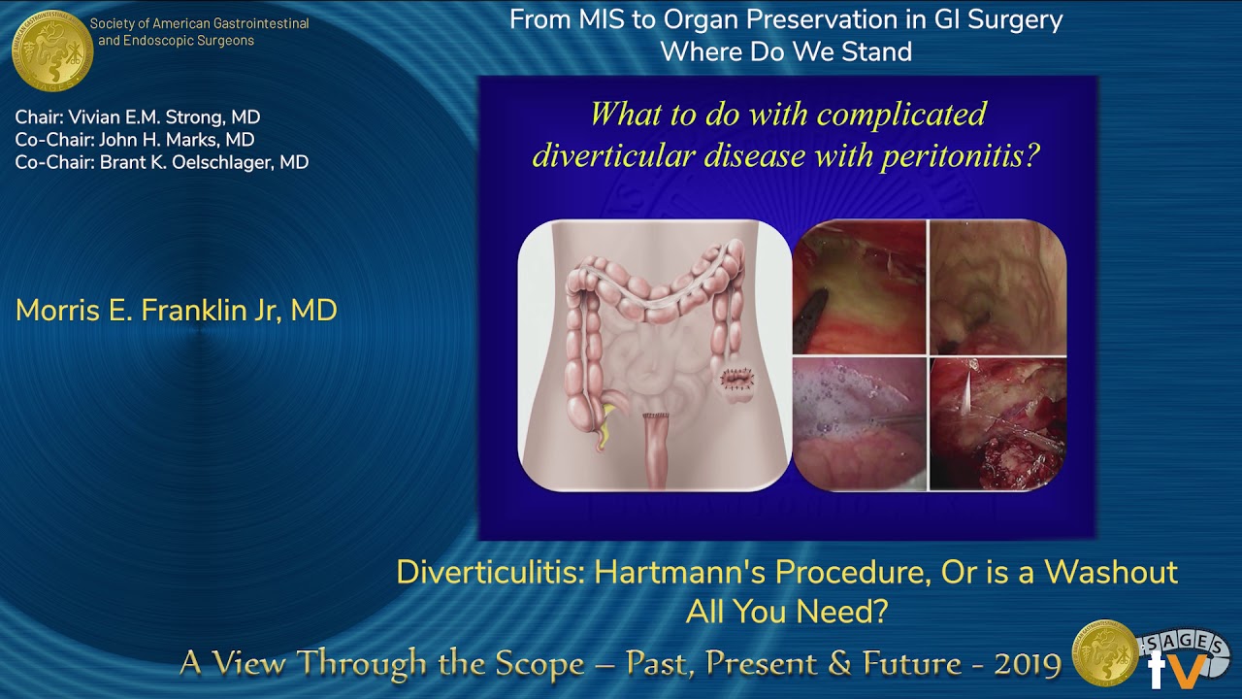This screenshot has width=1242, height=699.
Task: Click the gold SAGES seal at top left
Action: pos(52,50)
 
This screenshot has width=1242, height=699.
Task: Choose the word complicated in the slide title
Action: pos(901,116)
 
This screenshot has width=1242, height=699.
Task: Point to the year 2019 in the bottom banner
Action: pos(1028,663)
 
